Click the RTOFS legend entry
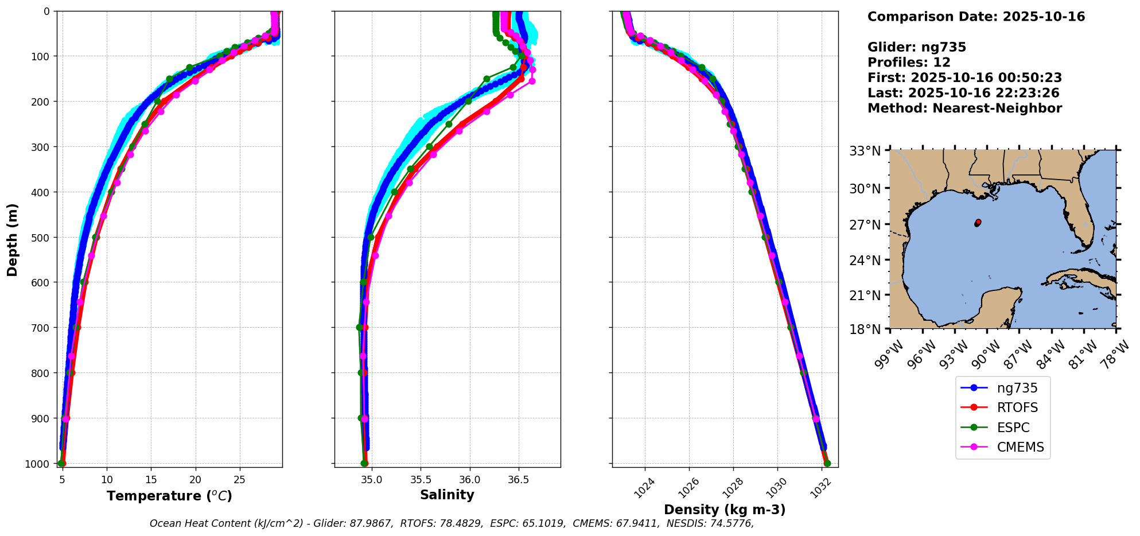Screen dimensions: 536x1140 [1017, 407]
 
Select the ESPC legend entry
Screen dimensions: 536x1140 [1013, 428]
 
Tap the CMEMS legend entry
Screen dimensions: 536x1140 [1020, 447]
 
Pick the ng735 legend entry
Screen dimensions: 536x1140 [1017, 388]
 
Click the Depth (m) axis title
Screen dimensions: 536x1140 [13, 240]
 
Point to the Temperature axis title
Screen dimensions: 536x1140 [169, 496]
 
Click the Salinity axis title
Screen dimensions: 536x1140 [447, 495]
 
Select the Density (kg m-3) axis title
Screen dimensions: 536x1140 [725, 510]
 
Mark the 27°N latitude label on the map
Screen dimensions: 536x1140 [865, 225]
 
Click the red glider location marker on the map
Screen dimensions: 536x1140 [978, 222]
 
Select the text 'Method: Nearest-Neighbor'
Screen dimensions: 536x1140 [964, 108]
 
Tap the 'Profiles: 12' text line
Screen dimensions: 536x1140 [909, 63]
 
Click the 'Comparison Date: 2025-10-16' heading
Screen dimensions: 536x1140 [976, 17]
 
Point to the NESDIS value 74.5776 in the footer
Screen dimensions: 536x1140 [732, 523]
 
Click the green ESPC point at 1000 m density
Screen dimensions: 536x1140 [827, 463]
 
